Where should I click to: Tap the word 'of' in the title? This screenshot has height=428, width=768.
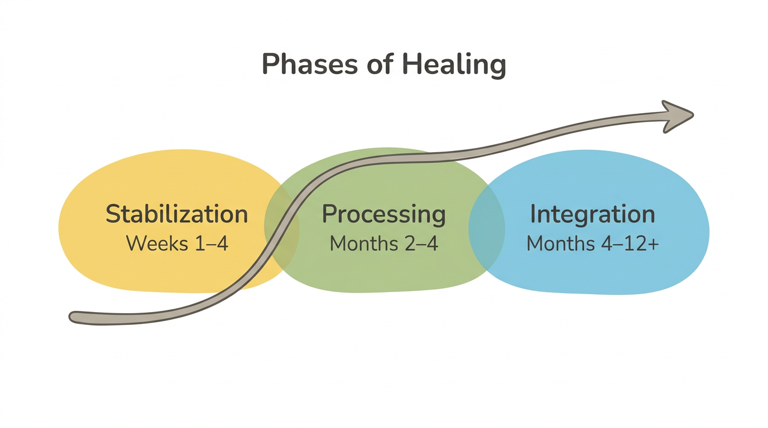381,65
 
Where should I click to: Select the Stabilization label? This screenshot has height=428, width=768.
176,215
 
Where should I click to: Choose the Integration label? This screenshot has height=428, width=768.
592,215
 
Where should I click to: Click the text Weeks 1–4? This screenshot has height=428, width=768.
177,244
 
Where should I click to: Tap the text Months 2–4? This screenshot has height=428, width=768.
383,244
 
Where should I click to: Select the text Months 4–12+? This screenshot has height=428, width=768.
592,244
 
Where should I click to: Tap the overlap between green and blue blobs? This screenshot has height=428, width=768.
486,228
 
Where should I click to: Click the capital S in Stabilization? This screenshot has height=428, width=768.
113,215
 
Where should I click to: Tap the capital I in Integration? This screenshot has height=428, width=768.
534,214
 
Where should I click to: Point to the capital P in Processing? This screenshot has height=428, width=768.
330,215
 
